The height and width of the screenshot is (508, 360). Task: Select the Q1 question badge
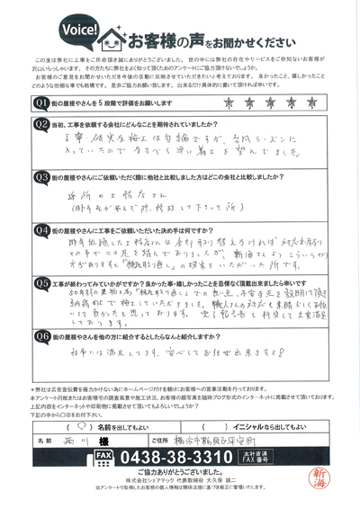pos(40,103)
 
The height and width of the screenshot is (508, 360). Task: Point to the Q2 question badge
pos(40,123)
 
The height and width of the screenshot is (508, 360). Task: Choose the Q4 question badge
pos(40,229)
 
